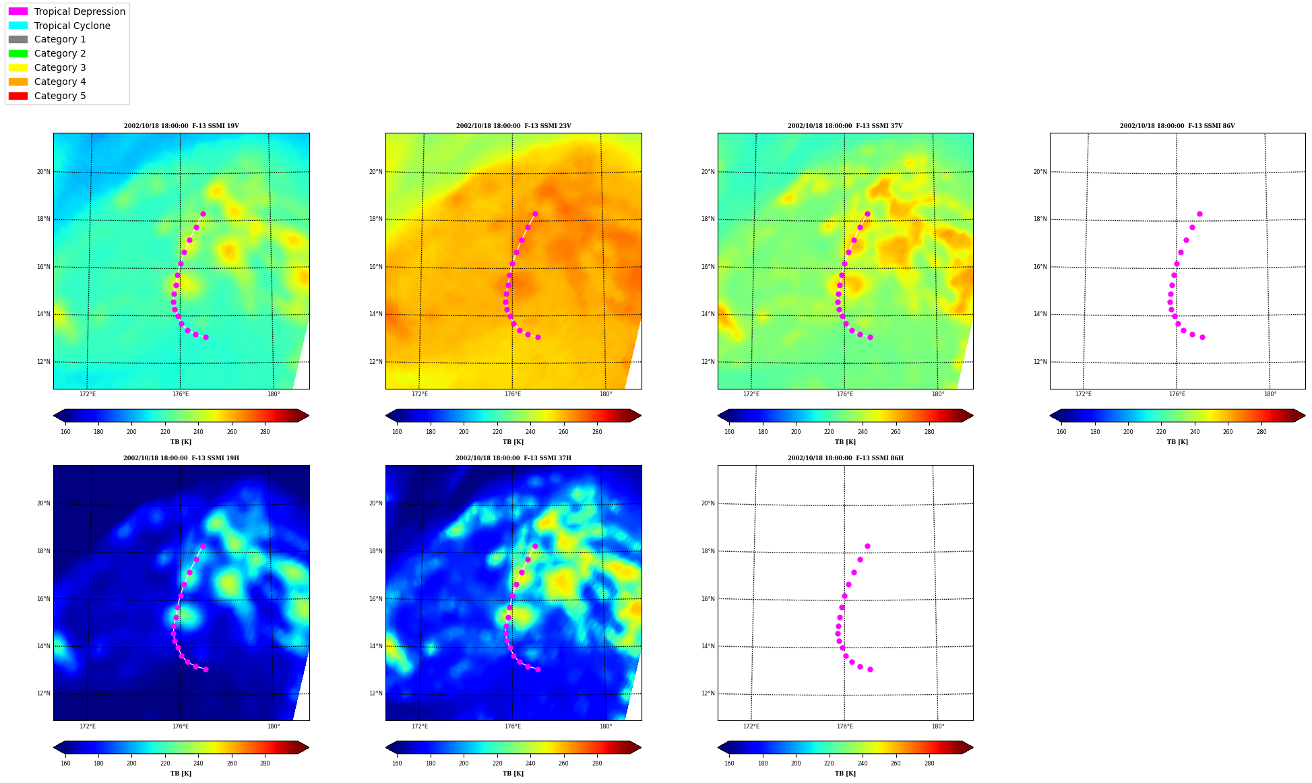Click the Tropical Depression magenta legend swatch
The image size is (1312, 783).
coord(18,11)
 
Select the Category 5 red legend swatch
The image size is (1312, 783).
coord(18,96)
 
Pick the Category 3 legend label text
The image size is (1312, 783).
coord(60,67)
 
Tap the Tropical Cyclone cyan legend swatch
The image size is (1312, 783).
coord(18,26)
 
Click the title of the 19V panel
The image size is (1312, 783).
coord(181,126)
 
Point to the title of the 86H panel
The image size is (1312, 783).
coord(846,458)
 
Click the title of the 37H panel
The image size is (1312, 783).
coord(513,458)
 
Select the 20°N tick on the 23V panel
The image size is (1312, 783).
coord(376,172)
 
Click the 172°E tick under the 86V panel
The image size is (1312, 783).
coord(1084,394)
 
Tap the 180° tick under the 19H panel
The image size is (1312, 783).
coord(274,726)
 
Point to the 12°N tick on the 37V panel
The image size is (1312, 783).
coord(708,362)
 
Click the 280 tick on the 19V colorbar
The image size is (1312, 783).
coord(265,432)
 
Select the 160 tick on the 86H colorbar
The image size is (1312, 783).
coord(729,763)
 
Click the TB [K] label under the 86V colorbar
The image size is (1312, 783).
coord(1178,442)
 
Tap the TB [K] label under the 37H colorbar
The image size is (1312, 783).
coord(513,774)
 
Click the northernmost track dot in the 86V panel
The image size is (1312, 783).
coord(1199,214)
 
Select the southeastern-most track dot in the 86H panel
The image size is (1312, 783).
coord(870,669)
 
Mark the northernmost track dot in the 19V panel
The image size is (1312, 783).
coord(203,214)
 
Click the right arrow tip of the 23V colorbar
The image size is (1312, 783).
coord(641,416)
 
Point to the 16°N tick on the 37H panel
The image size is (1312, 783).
coord(376,599)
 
